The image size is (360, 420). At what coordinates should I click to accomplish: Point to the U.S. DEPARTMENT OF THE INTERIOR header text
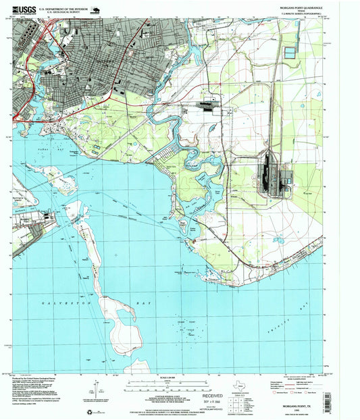click(x=66, y=9)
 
